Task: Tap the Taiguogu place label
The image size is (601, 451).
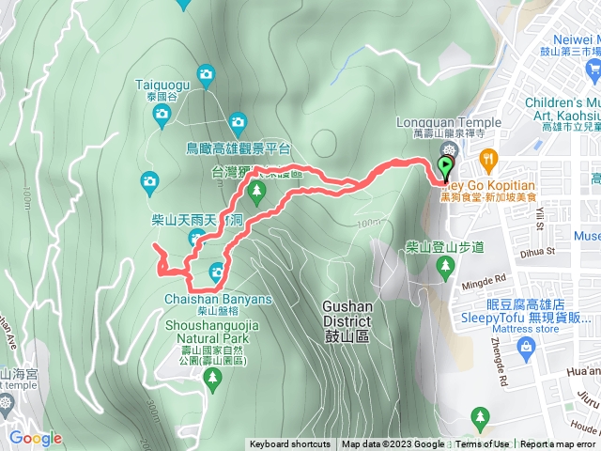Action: pyautogui.click(x=162, y=83)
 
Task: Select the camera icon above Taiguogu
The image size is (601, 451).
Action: pyautogui.click(x=207, y=73)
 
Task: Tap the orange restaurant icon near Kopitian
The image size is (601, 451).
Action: pyautogui.click(x=486, y=158)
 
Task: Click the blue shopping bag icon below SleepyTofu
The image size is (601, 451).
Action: pyautogui.click(x=525, y=349)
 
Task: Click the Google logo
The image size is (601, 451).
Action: pyautogui.click(x=35, y=438)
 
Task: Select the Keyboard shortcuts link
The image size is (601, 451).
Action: pyautogui.click(x=289, y=444)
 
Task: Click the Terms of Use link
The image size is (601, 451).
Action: pyautogui.click(x=483, y=444)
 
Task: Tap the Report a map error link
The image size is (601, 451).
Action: pyautogui.click(x=558, y=444)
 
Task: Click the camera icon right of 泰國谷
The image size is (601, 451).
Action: pyautogui.click(x=237, y=120)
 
